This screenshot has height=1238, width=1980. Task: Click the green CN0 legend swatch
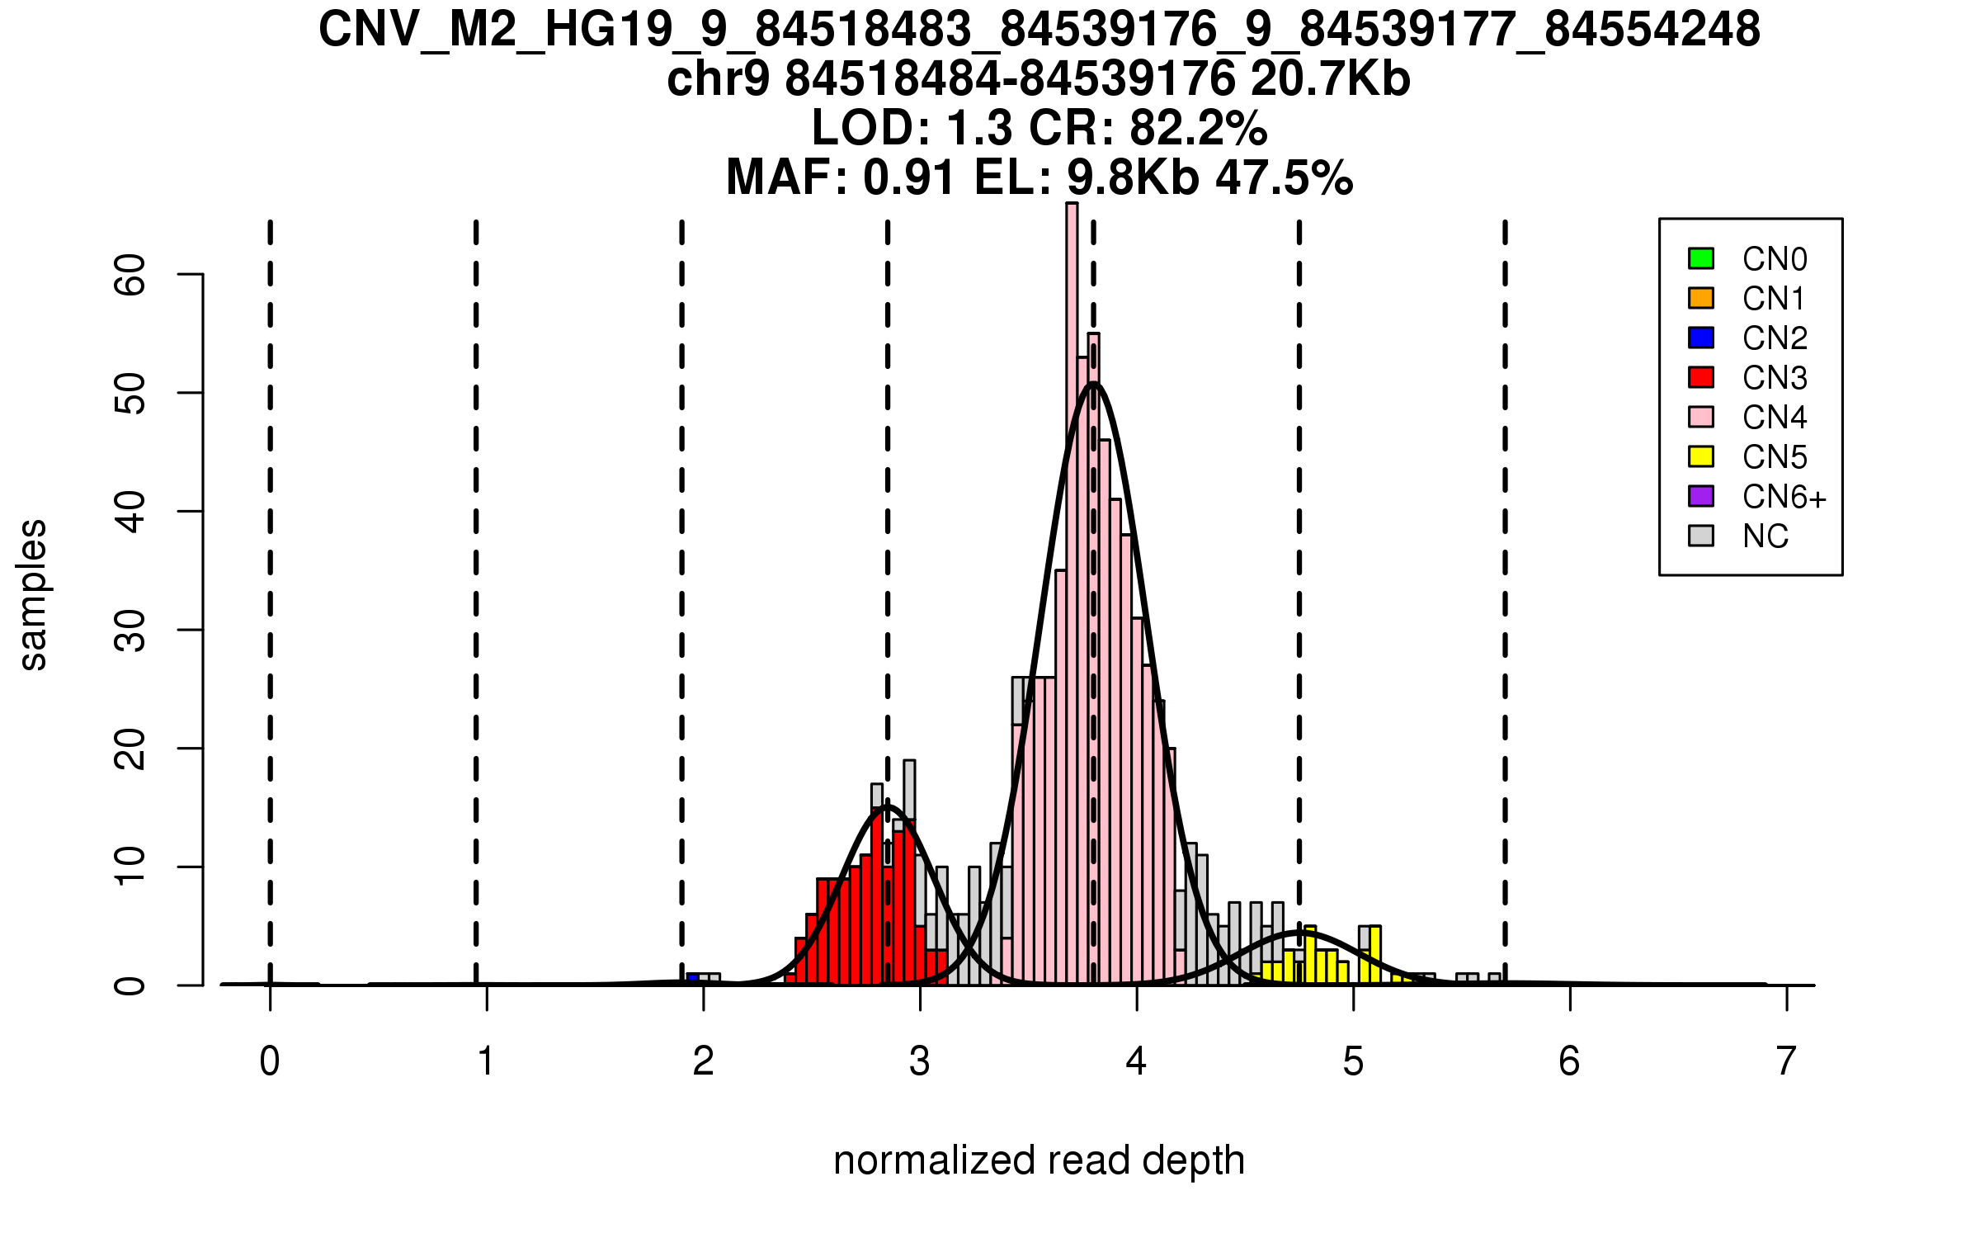point(1700,258)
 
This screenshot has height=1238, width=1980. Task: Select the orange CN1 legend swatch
point(1700,298)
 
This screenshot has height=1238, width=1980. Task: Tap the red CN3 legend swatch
point(1700,377)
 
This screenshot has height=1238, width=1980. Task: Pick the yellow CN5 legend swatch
point(1700,456)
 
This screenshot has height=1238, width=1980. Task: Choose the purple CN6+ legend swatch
point(1700,496)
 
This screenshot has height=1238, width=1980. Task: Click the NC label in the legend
point(1765,536)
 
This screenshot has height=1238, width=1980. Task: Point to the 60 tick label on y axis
point(130,274)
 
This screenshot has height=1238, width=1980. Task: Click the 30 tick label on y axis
point(130,631)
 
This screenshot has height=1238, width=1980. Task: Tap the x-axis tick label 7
point(1786,1061)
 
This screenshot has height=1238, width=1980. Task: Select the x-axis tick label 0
point(270,1061)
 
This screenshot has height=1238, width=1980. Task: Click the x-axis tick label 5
point(1353,1061)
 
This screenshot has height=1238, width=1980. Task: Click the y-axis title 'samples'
point(33,594)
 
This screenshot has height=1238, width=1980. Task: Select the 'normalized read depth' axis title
point(1039,1160)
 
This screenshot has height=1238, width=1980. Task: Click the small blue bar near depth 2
point(693,979)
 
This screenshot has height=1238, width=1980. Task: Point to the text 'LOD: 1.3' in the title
point(912,128)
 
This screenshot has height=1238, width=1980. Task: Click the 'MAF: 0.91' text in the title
point(841,177)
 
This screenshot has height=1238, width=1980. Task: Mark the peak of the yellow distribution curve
point(1299,932)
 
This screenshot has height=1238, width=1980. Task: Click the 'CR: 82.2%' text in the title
point(1148,128)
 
